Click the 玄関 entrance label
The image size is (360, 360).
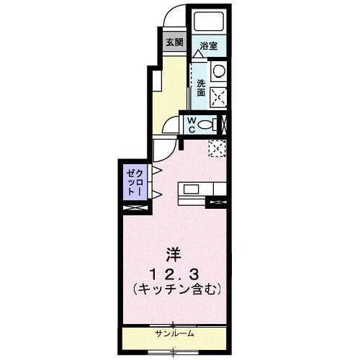pos(174,42)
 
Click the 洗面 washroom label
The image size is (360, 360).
pos(201,87)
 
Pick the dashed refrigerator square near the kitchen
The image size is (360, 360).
pos(217,148)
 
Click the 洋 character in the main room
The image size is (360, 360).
pos(173,255)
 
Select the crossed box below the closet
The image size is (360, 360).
pos(135,208)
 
